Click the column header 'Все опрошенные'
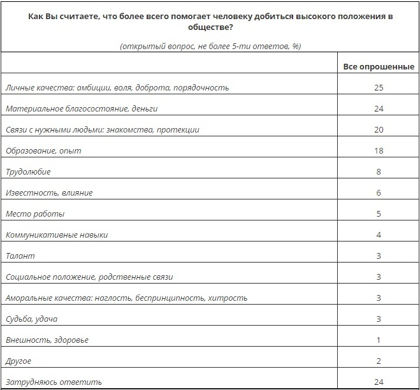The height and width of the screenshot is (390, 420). (x=378, y=66)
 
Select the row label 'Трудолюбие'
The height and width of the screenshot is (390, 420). (x=28, y=171)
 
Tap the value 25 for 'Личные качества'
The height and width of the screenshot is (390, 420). (x=379, y=87)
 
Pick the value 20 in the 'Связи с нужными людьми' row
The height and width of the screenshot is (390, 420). (x=379, y=129)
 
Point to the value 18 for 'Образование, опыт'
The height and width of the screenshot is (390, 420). (x=379, y=150)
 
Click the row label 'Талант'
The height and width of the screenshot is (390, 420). (x=20, y=256)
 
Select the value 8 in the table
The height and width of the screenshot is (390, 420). (x=379, y=171)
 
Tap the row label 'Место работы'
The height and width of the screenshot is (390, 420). (x=35, y=213)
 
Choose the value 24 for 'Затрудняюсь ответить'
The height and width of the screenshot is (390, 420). (x=379, y=382)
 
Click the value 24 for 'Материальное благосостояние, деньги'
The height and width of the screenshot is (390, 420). (x=379, y=108)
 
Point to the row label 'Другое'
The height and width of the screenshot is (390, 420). (x=18, y=361)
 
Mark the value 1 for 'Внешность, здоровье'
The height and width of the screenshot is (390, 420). (x=379, y=340)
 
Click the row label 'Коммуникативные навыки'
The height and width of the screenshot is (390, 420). (x=57, y=235)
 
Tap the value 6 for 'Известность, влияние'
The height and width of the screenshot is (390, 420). (x=379, y=192)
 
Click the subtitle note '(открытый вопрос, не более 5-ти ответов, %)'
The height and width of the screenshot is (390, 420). (x=210, y=47)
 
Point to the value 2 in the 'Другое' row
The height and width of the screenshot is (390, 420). (x=379, y=361)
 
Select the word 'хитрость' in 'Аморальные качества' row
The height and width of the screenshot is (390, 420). (x=230, y=298)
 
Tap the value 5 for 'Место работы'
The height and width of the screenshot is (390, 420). (x=379, y=213)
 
